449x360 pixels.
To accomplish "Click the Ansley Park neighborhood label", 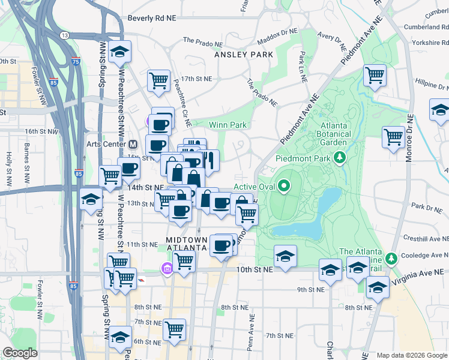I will [244, 55].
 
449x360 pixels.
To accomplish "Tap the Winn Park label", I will [228, 125].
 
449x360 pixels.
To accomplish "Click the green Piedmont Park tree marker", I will [340, 158].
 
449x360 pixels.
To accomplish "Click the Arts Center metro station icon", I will [133, 144].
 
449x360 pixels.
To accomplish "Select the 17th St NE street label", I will [197, 79].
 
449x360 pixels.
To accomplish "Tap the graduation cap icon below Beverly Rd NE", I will [120, 52].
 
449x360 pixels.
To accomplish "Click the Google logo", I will [20, 353].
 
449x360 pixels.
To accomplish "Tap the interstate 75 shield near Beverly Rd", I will [74, 61].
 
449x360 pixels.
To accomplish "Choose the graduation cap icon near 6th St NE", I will [121, 337].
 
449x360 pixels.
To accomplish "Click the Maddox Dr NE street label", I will [277, 37].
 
